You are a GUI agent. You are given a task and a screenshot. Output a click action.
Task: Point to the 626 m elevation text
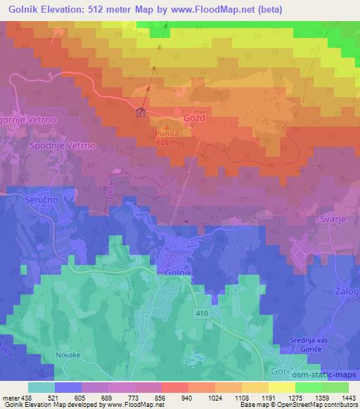coord(167,141)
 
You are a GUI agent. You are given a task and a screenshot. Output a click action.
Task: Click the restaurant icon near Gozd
coord(140,113)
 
